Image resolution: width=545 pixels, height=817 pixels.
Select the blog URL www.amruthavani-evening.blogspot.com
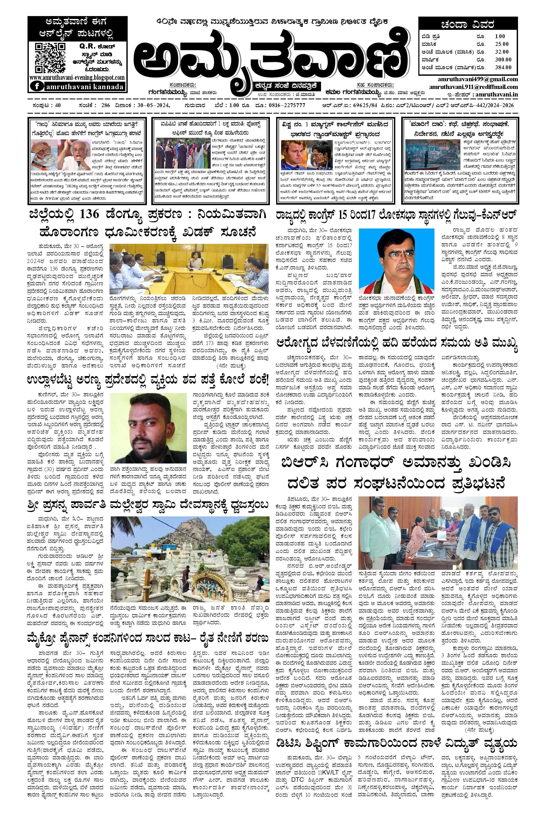77,78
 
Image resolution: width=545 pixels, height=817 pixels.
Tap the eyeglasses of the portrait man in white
396,258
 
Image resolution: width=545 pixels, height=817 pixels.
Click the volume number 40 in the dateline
57,106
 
